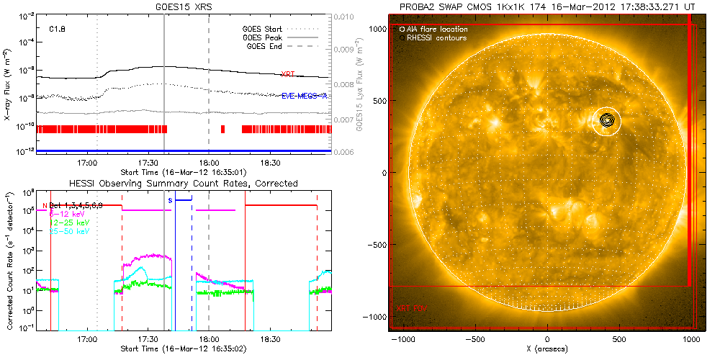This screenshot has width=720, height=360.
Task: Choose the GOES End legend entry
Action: (x=265, y=46)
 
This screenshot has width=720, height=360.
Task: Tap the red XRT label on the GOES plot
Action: (x=287, y=74)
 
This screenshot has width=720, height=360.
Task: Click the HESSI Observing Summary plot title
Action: (x=183, y=184)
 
